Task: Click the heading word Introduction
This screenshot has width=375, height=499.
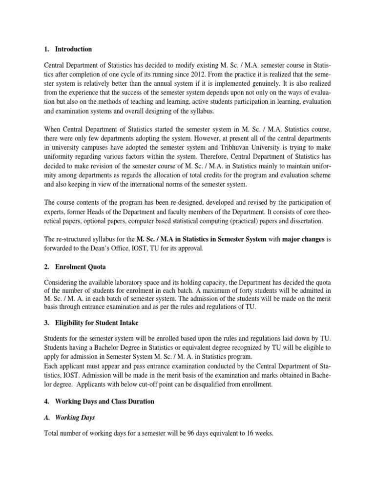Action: [x=73, y=49]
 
